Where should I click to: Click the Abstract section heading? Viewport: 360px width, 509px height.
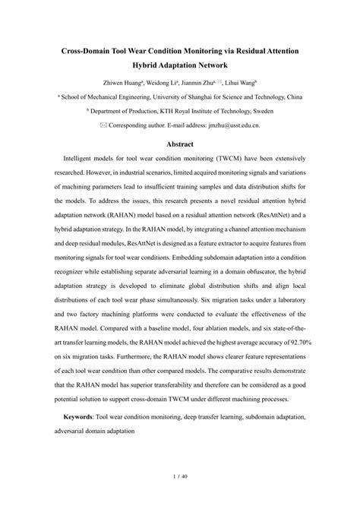pos(179,144)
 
